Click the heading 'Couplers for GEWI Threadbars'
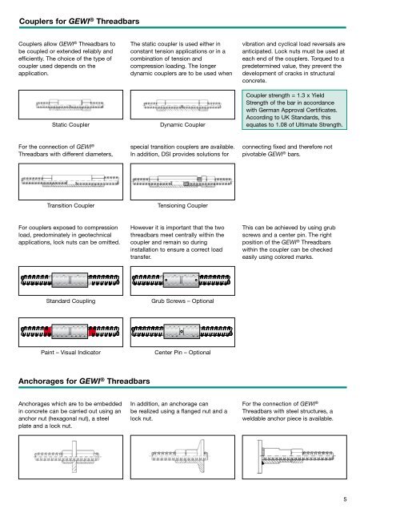(x=79, y=22)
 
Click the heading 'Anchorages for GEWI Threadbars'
(x=84, y=382)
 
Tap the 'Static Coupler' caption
(x=70, y=125)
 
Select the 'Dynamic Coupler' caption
(x=182, y=125)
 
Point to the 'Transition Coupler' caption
(x=70, y=205)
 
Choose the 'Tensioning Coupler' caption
(x=182, y=205)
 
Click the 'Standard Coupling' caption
(x=70, y=301)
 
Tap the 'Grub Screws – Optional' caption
(x=182, y=301)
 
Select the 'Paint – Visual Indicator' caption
(x=70, y=353)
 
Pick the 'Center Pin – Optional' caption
(x=182, y=353)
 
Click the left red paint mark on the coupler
(x=48, y=332)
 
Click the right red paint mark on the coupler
(x=92, y=332)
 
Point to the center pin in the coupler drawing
(x=182, y=332)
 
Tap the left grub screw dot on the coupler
(x=166, y=281)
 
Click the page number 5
(x=345, y=499)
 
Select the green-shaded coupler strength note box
(x=294, y=110)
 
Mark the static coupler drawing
(x=70, y=105)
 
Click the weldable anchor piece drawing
(x=295, y=456)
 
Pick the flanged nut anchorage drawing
(x=179, y=456)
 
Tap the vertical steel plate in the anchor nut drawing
(x=74, y=456)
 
